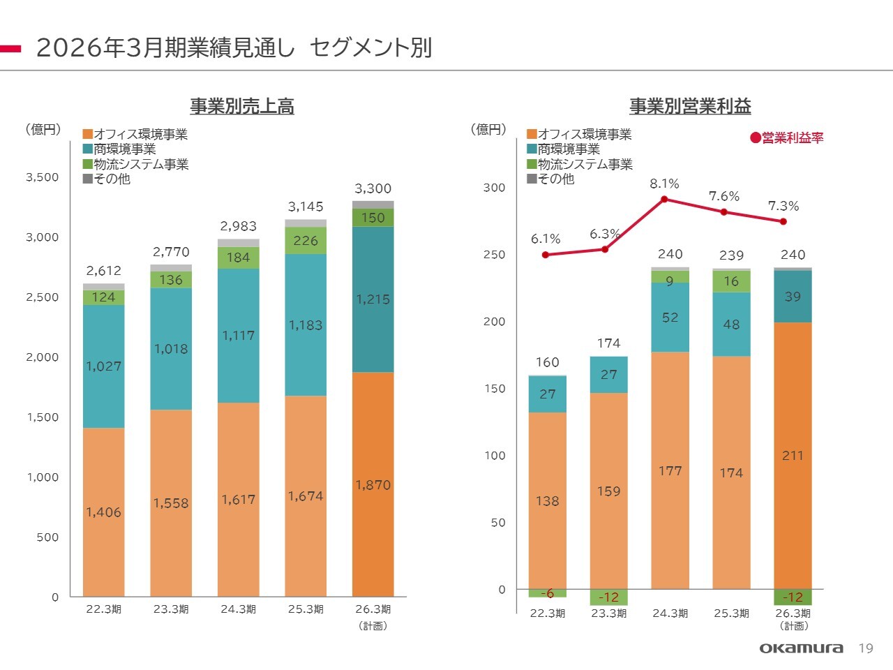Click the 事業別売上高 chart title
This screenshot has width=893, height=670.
(242, 106)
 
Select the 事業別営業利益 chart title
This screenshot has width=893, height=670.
(690, 106)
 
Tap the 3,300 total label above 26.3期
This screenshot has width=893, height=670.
(373, 188)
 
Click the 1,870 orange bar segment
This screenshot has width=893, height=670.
(373, 484)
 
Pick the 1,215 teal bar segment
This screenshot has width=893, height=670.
(373, 299)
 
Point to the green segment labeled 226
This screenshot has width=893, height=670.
(306, 241)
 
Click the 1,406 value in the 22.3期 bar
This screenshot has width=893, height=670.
(104, 512)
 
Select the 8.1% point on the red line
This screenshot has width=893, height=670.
(664, 199)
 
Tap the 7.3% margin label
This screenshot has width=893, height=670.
(783, 206)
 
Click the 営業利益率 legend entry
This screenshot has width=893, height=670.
(787, 138)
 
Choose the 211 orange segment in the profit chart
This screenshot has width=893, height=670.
(793, 455)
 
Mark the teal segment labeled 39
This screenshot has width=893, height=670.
(793, 297)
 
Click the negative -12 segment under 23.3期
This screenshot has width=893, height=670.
(608, 597)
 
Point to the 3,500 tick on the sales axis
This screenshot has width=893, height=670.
(43, 177)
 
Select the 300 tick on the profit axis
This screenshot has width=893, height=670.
(494, 188)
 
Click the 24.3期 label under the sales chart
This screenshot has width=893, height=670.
(239, 609)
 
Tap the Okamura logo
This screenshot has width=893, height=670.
(801, 648)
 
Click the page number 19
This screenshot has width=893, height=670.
(866, 648)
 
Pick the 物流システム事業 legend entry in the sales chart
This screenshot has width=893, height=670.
(136, 165)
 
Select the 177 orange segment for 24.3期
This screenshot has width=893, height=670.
(670, 471)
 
